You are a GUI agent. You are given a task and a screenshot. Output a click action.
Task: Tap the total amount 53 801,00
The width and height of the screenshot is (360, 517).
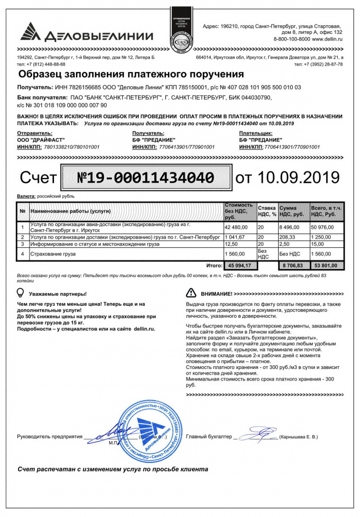pyautogui.click(x=325, y=265)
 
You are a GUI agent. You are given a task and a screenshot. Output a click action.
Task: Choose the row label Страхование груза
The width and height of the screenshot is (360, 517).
pyautogui.click(x=53, y=254)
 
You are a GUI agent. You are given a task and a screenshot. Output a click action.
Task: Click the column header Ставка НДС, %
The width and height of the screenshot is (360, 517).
pyautogui.click(x=267, y=211)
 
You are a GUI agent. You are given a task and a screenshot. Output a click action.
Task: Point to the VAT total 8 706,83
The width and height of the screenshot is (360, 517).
pyautogui.click(x=291, y=265)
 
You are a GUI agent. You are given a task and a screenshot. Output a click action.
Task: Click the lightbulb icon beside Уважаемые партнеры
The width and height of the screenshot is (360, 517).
pyautogui.click(x=21, y=293)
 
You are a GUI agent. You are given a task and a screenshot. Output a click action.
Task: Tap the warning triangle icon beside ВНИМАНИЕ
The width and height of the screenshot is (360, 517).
pyautogui.click(x=191, y=293)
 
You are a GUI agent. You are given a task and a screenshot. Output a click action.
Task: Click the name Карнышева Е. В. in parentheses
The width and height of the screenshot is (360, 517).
pyautogui.click(x=298, y=437)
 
